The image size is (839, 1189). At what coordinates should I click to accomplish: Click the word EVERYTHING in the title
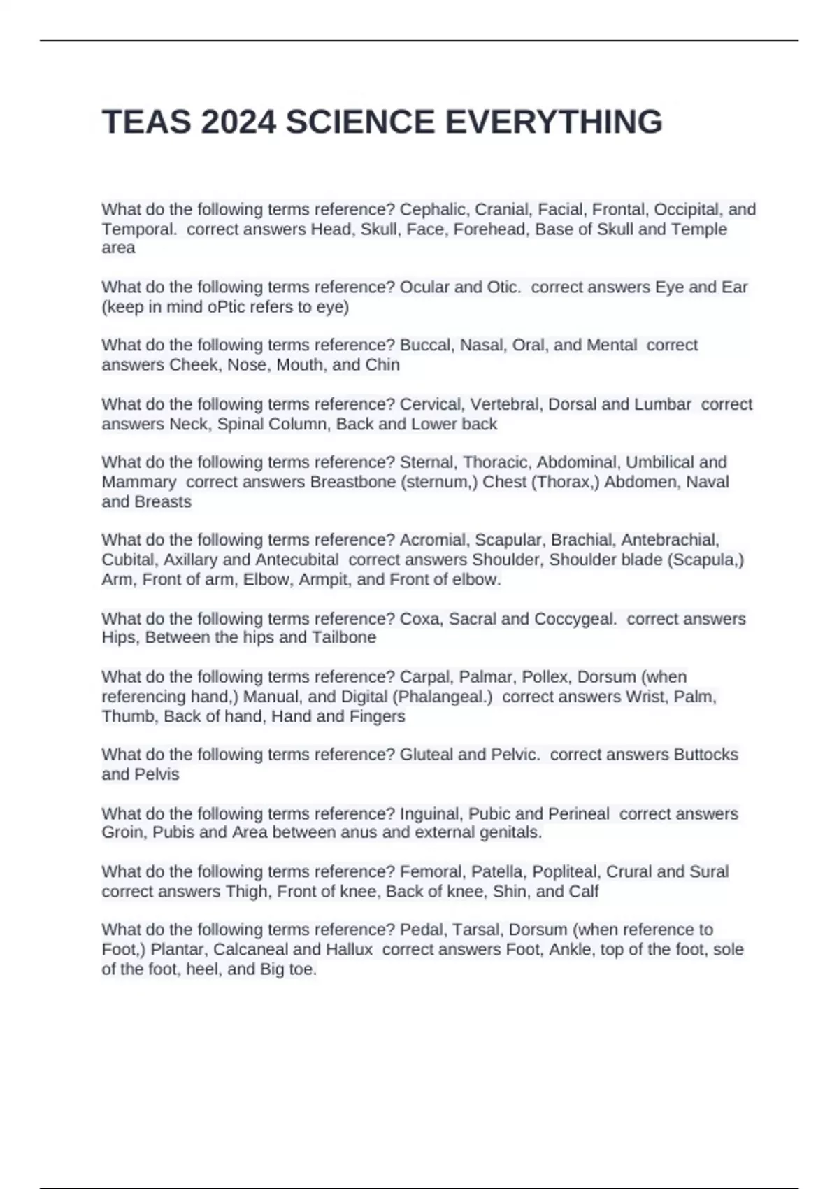pyautogui.click(x=553, y=122)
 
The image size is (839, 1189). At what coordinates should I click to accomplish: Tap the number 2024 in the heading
pyautogui.click(x=238, y=122)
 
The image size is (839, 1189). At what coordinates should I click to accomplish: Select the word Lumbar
pyautogui.click(x=662, y=404)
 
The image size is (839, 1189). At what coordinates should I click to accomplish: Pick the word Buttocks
pyautogui.click(x=705, y=755)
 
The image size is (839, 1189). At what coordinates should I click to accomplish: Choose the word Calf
pyautogui.click(x=584, y=892)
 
